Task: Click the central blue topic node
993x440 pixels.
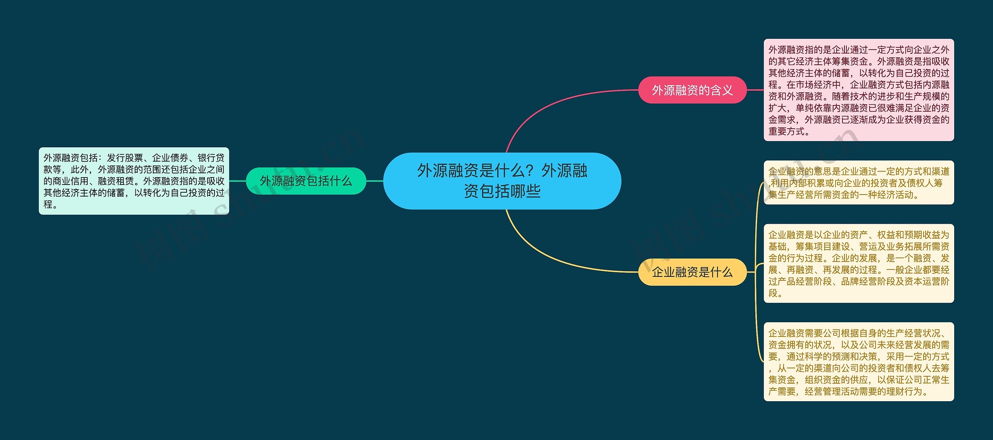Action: coord(502,181)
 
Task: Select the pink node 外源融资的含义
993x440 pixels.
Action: coord(692,90)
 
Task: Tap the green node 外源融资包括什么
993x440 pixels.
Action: coord(306,181)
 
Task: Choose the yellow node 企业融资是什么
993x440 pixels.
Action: coord(692,272)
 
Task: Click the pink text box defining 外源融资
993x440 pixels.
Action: coord(858,90)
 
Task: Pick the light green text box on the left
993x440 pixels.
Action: coord(134,181)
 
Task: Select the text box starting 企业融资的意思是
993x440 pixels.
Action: coord(858,183)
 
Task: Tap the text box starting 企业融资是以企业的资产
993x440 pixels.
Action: coord(858,263)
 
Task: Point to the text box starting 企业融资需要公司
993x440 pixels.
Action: coord(858,361)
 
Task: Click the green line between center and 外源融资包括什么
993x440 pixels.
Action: coord(375,181)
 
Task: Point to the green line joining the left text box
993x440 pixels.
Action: coord(237,181)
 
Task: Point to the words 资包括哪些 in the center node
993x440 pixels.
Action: coord(502,191)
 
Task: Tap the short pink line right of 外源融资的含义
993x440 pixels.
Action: coord(755,90)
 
